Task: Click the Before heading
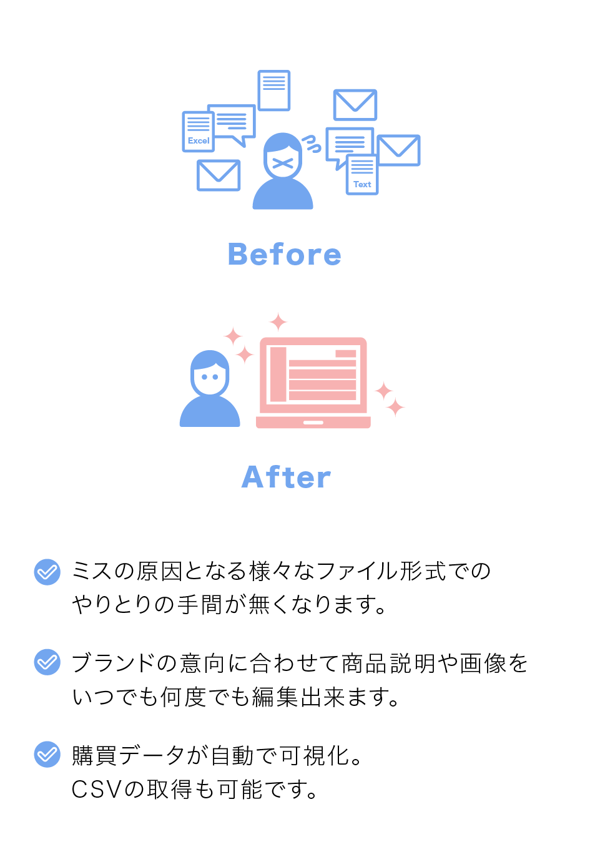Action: tap(285, 255)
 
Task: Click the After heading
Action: tap(286, 477)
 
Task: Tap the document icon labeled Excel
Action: tap(198, 132)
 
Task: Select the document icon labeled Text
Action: tap(362, 175)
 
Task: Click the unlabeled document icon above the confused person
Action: tap(274, 90)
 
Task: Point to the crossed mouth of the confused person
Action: tap(283, 164)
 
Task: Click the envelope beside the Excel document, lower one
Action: tap(219, 175)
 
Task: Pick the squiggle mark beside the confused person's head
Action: tap(312, 144)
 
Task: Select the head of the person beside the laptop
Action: tap(210, 373)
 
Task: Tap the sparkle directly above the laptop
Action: tap(278, 322)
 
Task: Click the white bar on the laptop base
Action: tap(313, 423)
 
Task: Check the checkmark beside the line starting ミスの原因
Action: tap(47, 572)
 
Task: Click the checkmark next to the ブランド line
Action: tap(47, 662)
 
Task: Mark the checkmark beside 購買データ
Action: tap(47, 754)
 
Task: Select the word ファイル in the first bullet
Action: tap(357, 571)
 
